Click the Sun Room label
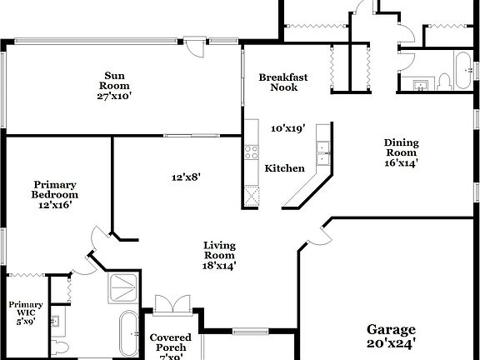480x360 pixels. pyautogui.click(x=114, y=84)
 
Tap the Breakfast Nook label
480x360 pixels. pyautogui.click(x=282, y=82)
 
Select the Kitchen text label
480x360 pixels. pyautogui.click(x=284, y=168)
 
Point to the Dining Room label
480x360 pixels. pyautogui.click(x=401, y=152)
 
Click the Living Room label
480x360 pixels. pyautogui.click(x=219, y=256)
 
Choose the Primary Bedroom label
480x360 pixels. pyautogui.click(x=55, y=194)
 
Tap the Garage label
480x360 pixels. pyautogui.click(x=391, y=334)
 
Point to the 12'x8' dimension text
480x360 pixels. pyautogui.click(x=186, y=177)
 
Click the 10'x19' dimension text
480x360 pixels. pyautogui.click(x=287, y=129)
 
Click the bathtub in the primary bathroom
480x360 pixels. pyautogui.click(x=128, y=333)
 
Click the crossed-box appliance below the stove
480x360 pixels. pyautogui.click(x=251, y=196)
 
